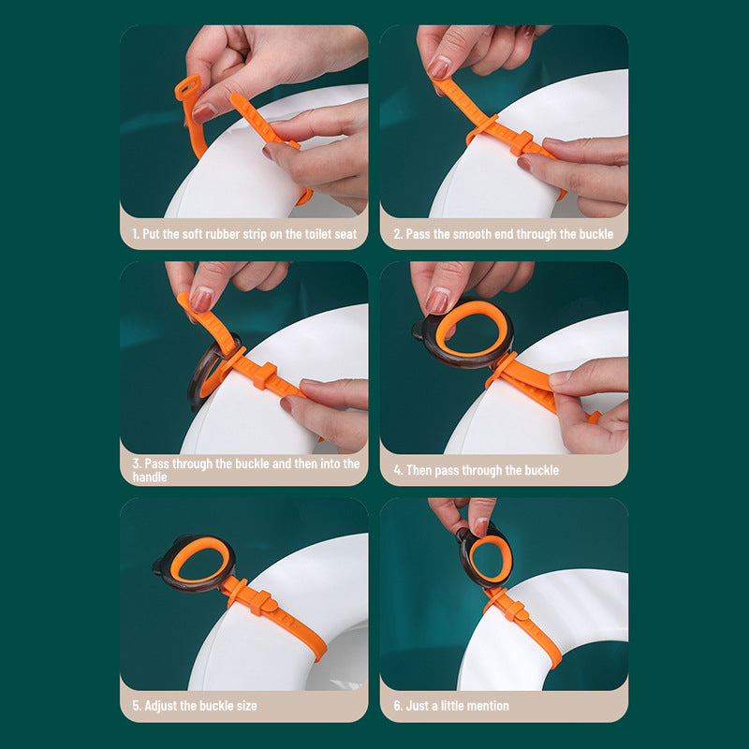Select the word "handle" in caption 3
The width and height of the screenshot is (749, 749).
click(x=151, y=477)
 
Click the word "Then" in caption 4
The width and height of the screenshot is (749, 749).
click(x=421, y=470)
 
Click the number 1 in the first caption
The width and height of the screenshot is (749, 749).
click(x=135, y=234)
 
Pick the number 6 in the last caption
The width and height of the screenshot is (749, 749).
click(x=396, y=705)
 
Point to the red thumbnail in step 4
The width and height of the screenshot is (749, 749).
click(x=438, y=301)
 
